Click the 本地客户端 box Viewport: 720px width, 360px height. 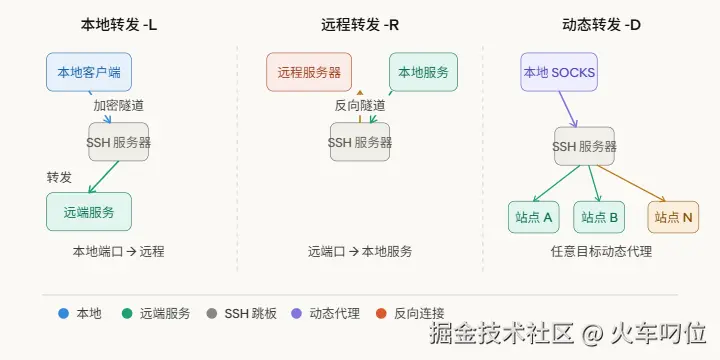click(89, 72)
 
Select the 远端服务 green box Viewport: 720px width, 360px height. click(89, 212)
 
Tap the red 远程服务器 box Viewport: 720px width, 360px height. click(309, 72)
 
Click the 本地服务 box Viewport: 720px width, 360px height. click(423, 72)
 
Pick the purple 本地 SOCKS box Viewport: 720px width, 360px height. click(559, 72)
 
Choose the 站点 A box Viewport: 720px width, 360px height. click(534, 217)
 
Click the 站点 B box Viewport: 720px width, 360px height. click(599, 217)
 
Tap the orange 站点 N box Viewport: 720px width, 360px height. click(673, 217)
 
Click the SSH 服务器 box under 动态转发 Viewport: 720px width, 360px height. click(585, 146)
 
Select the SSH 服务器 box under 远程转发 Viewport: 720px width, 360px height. click(360, 142)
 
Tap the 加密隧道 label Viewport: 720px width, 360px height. click(118, 105)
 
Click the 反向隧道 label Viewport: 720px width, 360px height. click(360, 105)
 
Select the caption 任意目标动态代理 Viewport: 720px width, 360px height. click(601, 252)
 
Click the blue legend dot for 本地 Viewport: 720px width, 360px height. click(64, 313)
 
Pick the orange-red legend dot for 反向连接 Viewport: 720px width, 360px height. click(381, 313)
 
